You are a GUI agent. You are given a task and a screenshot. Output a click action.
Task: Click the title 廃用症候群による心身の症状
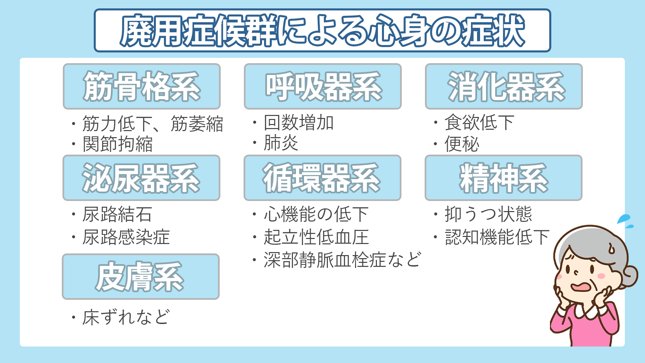coord(322,30)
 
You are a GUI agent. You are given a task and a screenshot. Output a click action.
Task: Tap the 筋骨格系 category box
coord(141,86)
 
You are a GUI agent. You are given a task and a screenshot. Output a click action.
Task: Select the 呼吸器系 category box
coord(323,86)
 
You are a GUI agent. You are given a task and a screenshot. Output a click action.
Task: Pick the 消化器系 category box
coord(504,86)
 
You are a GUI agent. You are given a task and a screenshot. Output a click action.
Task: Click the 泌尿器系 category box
coord(141,178)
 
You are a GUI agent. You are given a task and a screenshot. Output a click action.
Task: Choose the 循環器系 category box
coord(322,178)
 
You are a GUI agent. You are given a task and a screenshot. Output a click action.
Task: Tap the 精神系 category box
coord(504,178)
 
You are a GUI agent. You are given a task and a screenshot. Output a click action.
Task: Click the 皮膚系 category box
coord(141,277)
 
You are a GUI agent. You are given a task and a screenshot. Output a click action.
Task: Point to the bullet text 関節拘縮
coord(118,144)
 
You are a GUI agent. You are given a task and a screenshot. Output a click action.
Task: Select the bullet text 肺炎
coord(281,143)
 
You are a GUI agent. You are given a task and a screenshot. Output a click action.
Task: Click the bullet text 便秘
coord(462,144)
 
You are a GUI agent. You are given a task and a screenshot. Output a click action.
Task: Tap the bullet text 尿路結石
coord(117,214)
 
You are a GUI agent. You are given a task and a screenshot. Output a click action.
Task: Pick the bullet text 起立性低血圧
coord(316,237)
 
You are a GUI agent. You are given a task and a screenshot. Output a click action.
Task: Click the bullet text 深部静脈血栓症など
coord(342,260)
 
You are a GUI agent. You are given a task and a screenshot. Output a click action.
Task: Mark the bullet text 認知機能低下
coord(497,237)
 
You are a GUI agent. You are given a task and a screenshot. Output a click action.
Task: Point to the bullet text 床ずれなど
coord(126,317)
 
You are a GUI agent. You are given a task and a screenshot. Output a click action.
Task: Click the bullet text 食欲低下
coord(479,122)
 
